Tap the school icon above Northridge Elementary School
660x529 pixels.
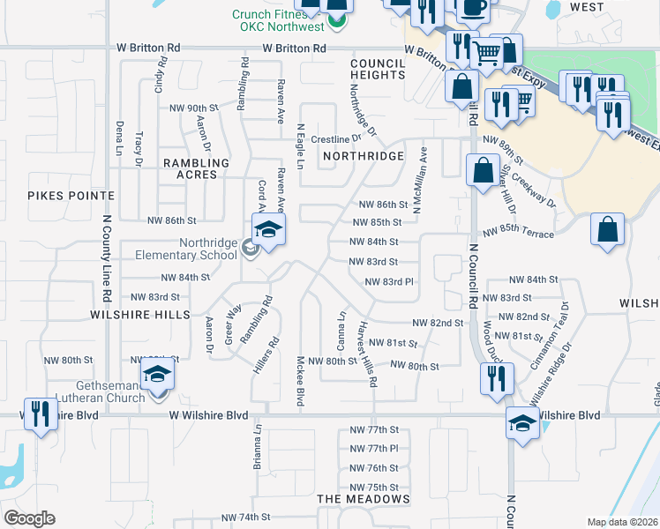point(268,232)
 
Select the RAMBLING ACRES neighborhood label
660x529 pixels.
point(195,168)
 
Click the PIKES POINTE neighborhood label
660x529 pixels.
point(71,195)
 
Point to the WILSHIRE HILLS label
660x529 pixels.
point(139,314)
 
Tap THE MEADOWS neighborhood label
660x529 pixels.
point(364,499)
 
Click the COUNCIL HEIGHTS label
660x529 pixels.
point(377,69)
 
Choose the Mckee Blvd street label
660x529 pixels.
point(301,381)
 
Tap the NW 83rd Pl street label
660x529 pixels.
point(389,281)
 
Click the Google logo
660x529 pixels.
point(29,518)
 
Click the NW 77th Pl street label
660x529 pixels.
point(374,449)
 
